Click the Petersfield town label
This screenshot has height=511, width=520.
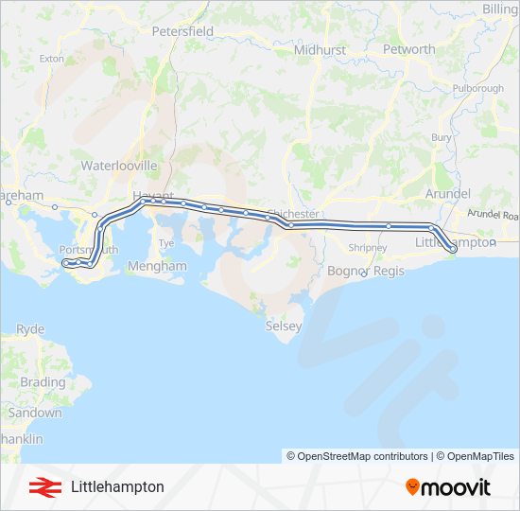pyautogui.click(x=182, y=31)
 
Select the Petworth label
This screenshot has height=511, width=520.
pyautogui.click(x=409, y=49)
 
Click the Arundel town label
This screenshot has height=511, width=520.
pyautogui.click(x=448, y=193)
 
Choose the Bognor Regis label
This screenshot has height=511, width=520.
pyautogui.click(x=366, y=271)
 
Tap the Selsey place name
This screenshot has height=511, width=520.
pyautogui.click(x=284, y=326)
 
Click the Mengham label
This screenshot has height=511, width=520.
pyautogui.click(x=157, y=267)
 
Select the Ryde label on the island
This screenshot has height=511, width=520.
pyautogui.click(x=30, y=329)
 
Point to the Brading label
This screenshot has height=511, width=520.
pyautogui.click(x=43, y=382)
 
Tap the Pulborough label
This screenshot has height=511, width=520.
pyautogui.click(x=478, y=88)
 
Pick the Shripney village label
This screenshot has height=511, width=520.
pyautogui.click(x=368, y=248)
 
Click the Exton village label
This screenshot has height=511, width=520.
pyautogui.click(x=51, y=59)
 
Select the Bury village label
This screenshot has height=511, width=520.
pyautogui.click(x=442, y=137)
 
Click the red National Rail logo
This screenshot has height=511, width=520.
pyautogui.click(x=40, y=486)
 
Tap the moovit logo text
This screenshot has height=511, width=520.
pyautogui.click(x=456, y=487)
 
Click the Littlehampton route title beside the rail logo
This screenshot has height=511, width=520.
pyautogui.click(x=117, y=486)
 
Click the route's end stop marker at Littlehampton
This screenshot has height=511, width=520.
pyautogui.click(x=453, y=249)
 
